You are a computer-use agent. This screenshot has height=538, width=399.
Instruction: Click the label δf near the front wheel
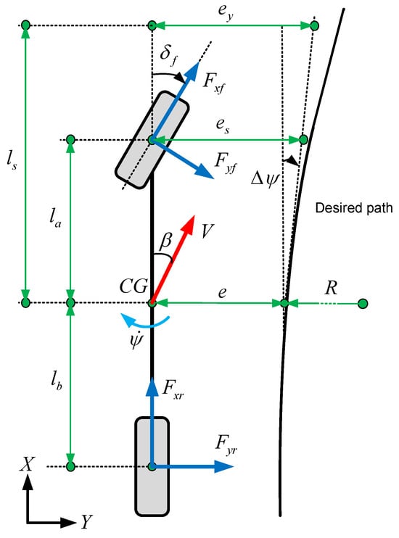(x=169, y=56)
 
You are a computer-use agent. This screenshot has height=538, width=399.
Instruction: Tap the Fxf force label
(x=213, y=83)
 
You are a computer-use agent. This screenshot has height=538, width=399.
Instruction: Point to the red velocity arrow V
(x=173, y=259)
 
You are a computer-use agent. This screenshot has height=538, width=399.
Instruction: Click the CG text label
(x=134, y=286)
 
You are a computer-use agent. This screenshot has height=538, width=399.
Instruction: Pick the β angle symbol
(x=165, y=241)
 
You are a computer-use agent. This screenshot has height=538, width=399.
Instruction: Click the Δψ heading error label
(x=264, y=179)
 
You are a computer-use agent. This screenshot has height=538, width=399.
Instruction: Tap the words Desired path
(x=354, y=208)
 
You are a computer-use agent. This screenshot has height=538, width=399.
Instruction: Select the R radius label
(x=331, y=288)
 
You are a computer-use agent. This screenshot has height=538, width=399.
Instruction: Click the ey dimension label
(x=226, y=12)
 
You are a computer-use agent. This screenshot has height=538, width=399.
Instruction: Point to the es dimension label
(x=223, y=125)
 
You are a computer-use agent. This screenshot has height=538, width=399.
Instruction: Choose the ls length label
(x=12, y=160)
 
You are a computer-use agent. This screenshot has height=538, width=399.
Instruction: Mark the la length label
(x=55, y=218)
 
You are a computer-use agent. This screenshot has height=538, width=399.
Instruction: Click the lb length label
(x=56, y=381)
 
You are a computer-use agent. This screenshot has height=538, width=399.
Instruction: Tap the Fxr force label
(x=173, y=389)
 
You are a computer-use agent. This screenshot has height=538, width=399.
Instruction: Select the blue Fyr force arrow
(x=192, y=466)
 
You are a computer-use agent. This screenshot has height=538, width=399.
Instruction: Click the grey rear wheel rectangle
(x=152, y=466)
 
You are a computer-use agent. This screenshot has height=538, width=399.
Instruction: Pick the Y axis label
(x=87, y=522)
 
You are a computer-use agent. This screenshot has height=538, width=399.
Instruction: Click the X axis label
(x=27, y=465)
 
